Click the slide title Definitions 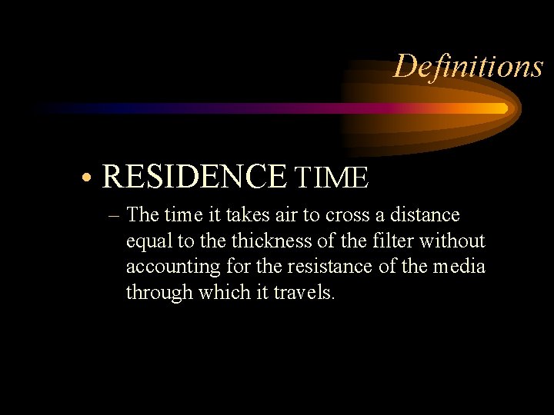click(468, 66)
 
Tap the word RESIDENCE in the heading click(194, 176)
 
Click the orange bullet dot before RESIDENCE click(90, 178)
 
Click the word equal click(150, 241)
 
